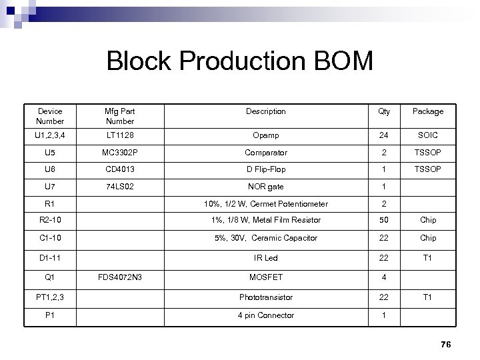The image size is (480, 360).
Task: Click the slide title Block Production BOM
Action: pyautogui.click(x=240, y=63)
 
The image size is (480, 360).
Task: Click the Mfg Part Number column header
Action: pyautogui.click(x=120, y=116)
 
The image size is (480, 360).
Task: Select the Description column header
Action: pyautogui.click(x=265, y=111)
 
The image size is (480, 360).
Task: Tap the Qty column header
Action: pyautogui.click(x=384, y=111)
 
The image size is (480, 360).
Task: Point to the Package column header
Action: pyautogui.click(x=427, y=111)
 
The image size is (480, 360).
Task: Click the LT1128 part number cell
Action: pyautogui.click(x=120, y=135)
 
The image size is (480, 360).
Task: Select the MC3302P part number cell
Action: pyautogui.click(x=120, y=153)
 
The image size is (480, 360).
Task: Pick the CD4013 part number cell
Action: pyautogui.click(x=120, y=169)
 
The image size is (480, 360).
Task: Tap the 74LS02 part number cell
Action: pyautogui.click(x=120, y=187)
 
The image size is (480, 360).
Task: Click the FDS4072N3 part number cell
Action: pyautogui.click(x=120, y=277)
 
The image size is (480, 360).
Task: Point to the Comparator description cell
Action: pyautogui.click(x=265, y=153)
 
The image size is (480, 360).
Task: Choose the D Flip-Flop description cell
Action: pyautogui.click(x=265, y=169)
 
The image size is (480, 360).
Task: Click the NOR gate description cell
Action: pyautogui.click(x=265, y=187)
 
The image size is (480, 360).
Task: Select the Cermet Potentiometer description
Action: pyautogui.click(x=265, y=204)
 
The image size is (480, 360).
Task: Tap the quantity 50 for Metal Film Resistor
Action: pyautogui.click(x=384, y=220)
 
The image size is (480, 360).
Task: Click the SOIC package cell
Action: pyautogui.click(x=427, y=135)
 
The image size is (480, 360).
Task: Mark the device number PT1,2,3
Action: pyautogui.click(x=50, y=297)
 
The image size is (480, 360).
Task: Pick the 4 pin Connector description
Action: pyautogui.click(x=265, y=315)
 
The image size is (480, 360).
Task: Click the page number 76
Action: pyautogui.click(x=446, y=344)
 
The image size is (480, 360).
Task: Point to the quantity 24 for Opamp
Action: pyautogui.click(x=384, y=135)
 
